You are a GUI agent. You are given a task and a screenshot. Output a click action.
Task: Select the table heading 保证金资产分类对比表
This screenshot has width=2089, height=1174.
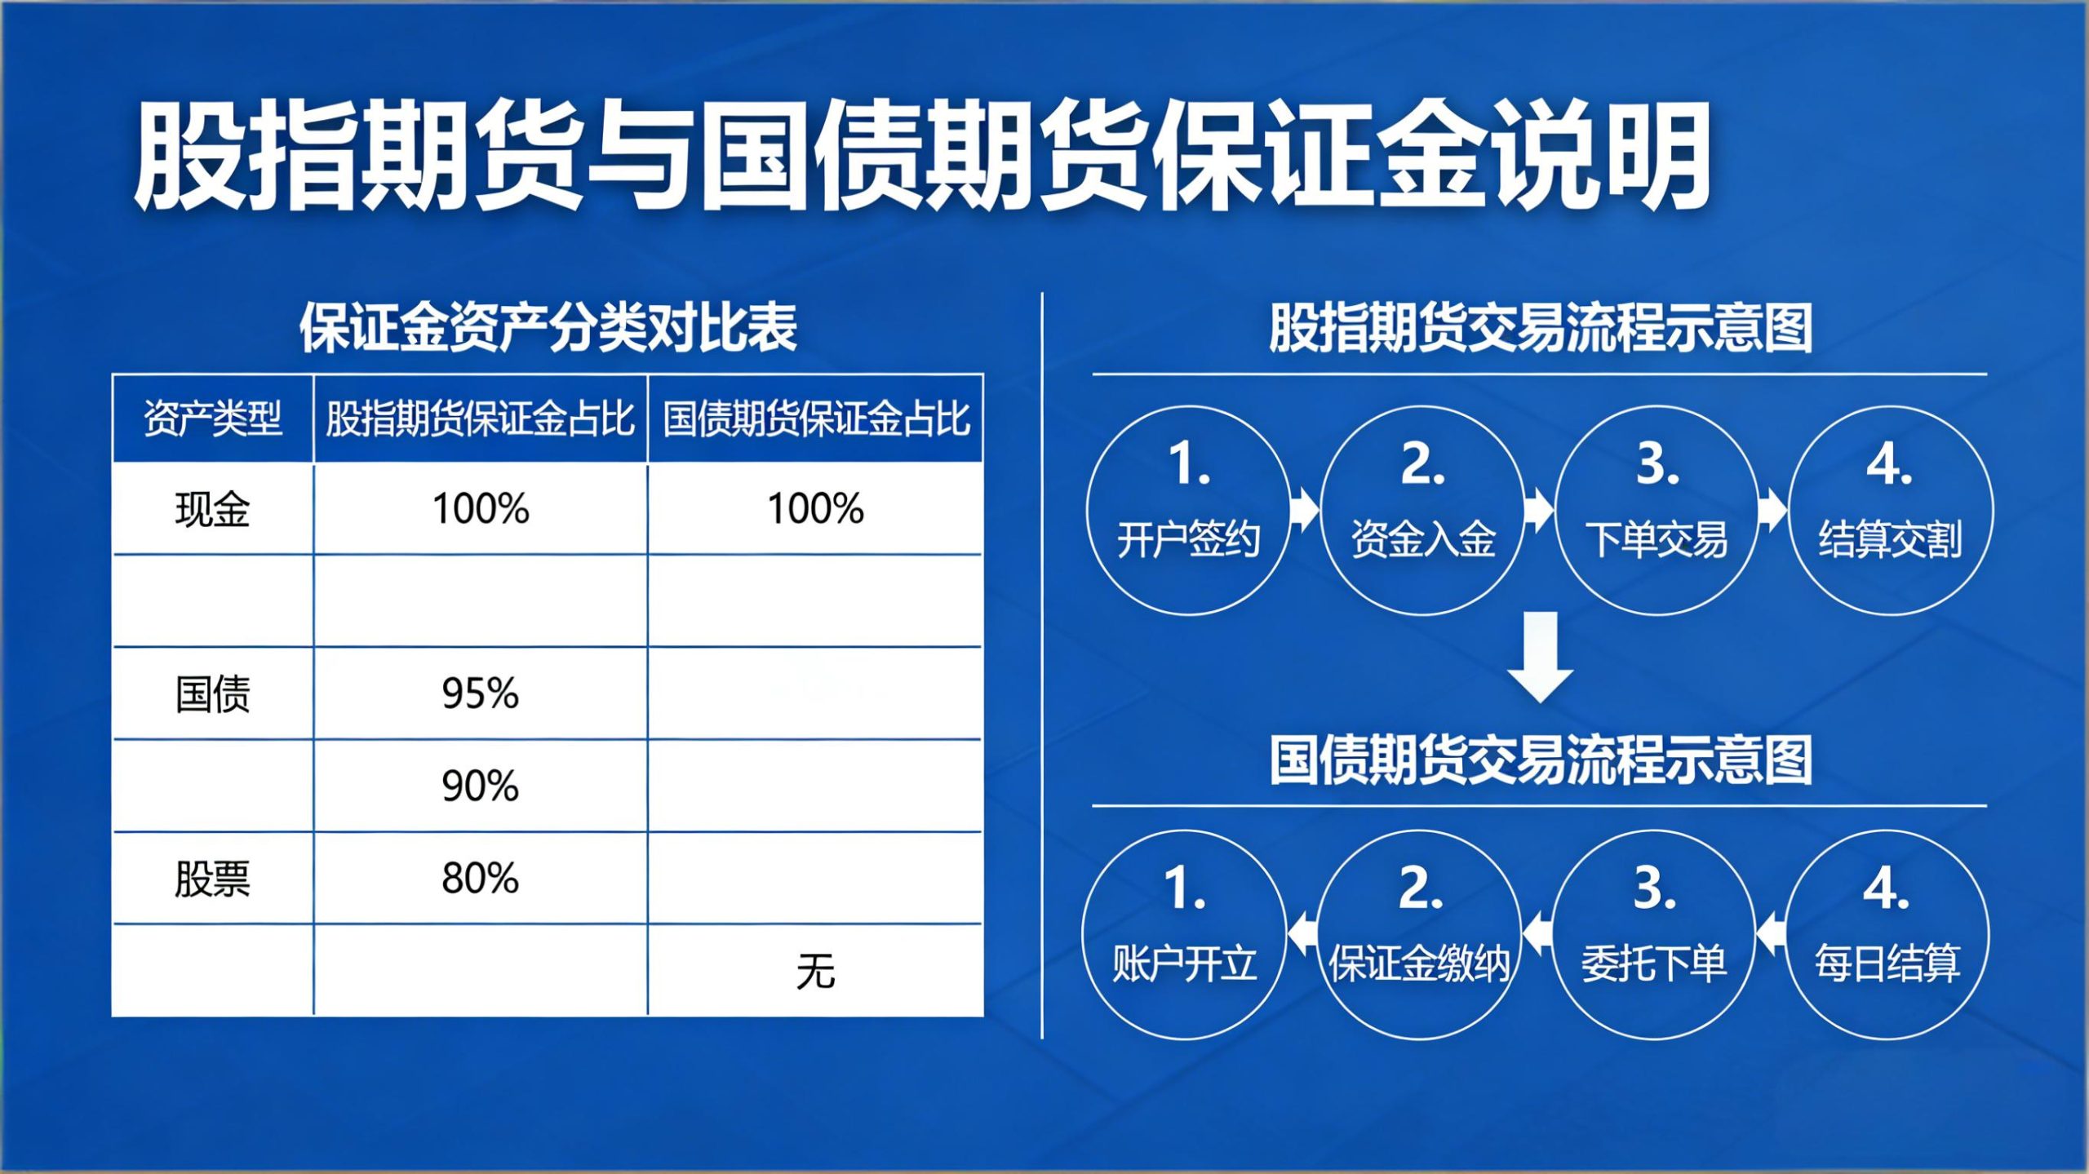point(548,328)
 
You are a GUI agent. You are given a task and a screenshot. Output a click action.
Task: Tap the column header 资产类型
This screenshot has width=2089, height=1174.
point(213,419)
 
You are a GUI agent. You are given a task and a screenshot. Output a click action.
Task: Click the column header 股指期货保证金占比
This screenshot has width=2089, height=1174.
point(480,419)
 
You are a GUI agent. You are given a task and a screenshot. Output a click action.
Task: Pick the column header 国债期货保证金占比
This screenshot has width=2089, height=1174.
point(815,419)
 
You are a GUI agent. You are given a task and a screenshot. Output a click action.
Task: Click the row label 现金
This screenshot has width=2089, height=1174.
point(212,509)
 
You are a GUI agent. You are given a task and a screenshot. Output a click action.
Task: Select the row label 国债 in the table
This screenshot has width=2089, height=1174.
point(212,694)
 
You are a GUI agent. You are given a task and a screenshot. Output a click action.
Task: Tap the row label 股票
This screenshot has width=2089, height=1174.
point(212,879)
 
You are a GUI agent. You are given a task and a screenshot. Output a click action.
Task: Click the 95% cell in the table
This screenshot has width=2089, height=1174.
point(480,693)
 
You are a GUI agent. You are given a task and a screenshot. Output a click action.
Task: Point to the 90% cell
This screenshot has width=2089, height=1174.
point(480,786)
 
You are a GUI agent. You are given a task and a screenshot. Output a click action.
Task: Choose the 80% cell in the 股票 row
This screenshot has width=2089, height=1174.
point(480,879)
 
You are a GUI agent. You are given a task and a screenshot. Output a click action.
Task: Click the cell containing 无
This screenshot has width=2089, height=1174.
point(815,971)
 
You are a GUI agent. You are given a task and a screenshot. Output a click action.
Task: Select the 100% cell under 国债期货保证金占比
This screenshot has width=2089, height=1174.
point(815,508)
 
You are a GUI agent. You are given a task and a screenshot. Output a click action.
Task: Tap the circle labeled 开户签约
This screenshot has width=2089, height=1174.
point(1188,510)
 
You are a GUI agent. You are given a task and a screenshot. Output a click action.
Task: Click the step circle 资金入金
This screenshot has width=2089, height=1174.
point(1422,510)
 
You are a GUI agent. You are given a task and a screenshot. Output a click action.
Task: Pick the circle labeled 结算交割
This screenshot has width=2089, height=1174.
point(1890,510)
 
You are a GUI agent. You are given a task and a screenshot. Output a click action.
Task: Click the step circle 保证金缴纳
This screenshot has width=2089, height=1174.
point(1419,935)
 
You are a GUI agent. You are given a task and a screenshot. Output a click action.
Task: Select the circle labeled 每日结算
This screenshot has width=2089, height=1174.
point(1887,935)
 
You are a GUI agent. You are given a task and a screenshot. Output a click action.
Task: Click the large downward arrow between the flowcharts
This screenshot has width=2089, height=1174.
point(1540,657)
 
